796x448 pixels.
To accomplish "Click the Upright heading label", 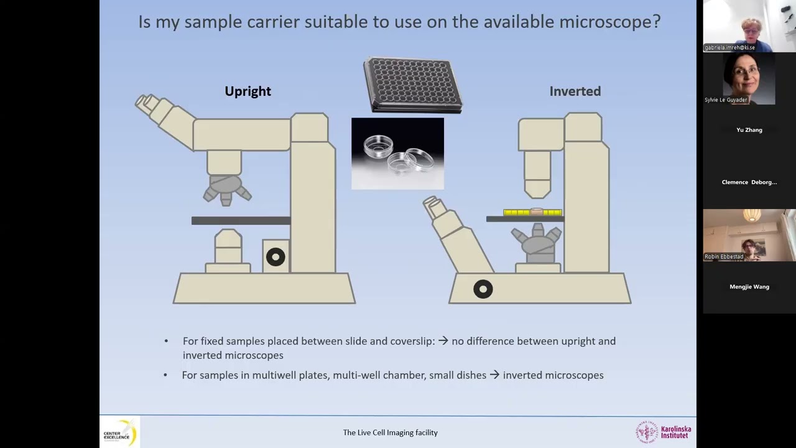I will pos(248,91).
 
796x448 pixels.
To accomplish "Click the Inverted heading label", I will pos(575,91).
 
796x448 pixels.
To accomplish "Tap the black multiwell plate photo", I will pos(413,84).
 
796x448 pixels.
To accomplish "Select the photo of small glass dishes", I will pos(397,153).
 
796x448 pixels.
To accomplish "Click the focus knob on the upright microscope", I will pos(275,257).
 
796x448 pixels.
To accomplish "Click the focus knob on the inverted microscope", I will pos(483,289).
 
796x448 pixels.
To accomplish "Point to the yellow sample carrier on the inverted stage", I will pos(532,213).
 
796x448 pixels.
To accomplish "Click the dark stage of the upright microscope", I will pos(241,220).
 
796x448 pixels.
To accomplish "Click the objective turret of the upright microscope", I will pos(225,187).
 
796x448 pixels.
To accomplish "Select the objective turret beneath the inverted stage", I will pos(537,241).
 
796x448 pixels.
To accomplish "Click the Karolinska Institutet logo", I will pos(663,432).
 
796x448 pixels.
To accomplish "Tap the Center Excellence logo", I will pos(119,432).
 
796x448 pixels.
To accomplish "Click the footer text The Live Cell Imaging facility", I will pos(390,432).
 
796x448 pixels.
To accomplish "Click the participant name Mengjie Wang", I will pos(749,287).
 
